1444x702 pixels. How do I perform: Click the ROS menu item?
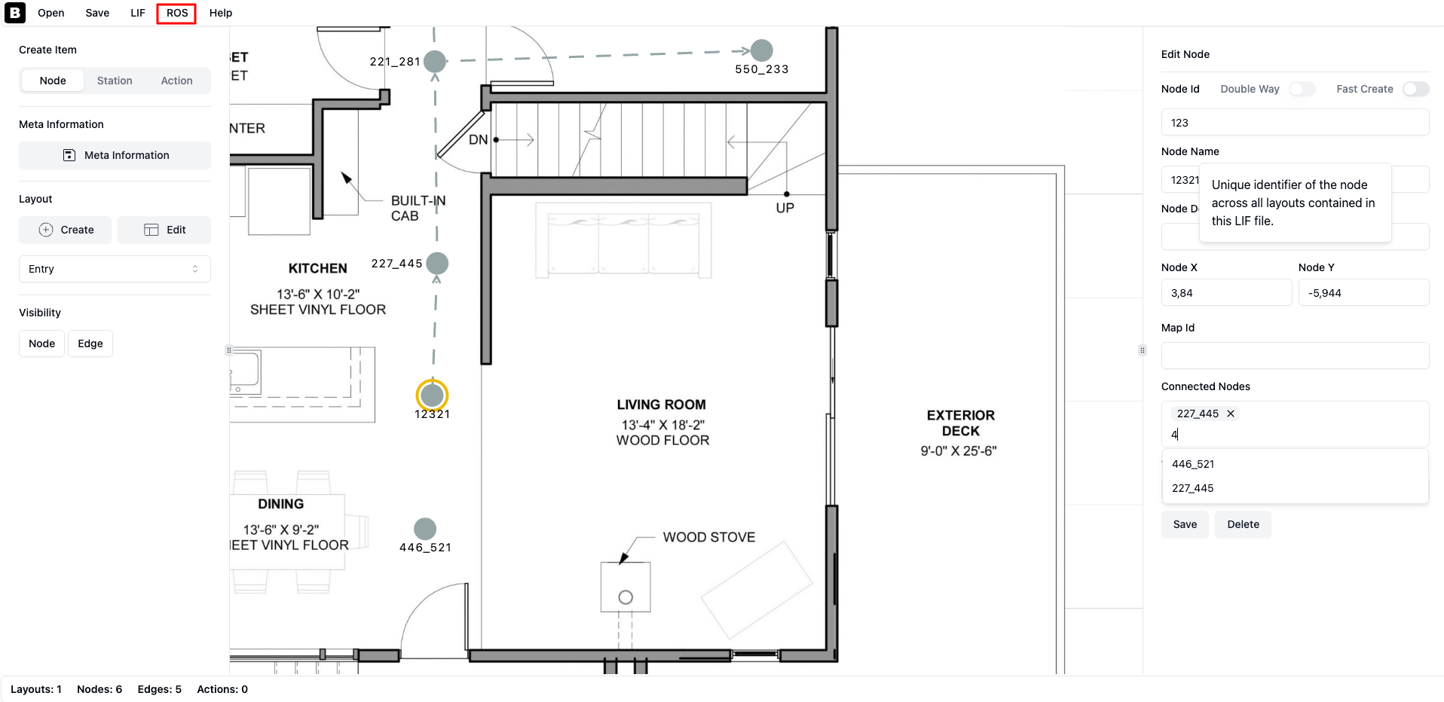click(x=177, y=13)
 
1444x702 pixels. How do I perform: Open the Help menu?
click(x=221, y=13)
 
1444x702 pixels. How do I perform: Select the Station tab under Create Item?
click(x=115, y=81)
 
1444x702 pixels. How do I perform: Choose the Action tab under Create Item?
click(x=176, y=81)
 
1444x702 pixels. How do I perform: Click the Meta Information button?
click(x=115, y=155)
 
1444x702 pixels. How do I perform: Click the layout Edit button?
click(x=164, y=230)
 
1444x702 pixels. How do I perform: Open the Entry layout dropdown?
click(x=115, y=269)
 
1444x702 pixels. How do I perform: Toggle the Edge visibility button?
click(x=90, y=343)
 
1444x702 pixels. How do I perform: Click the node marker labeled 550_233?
click(x=762, y=50)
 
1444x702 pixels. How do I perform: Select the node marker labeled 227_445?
click(x=437, y=264)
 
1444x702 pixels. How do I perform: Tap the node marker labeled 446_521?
click(x=425, y=529)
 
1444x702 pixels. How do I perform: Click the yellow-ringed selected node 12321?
click(x=433, y=395)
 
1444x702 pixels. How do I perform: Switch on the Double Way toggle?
click(x=1302, y=89)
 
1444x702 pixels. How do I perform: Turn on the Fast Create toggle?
click(x=1416, y=89)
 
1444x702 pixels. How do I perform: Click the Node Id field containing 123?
click(x=1295, y=123)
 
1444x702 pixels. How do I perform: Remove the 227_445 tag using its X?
click(x=1231, y=414)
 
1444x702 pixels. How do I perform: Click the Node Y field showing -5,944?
click(x=1363, y=293)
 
